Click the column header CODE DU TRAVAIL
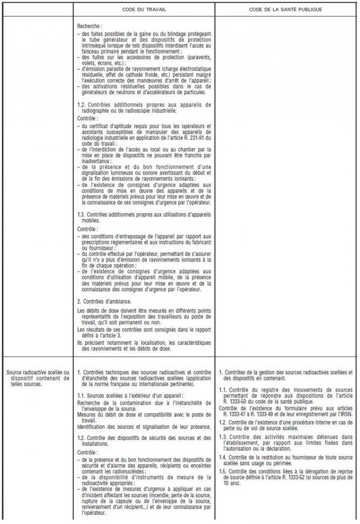pyautogui.click(x=143, y=10)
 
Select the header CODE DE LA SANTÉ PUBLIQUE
pyautogui.click(x=285, y=10)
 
